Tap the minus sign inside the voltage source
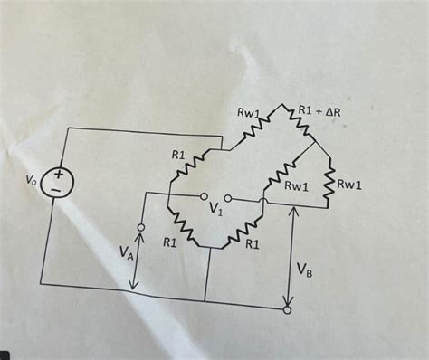pos(57,191)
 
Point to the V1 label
pos(214,210)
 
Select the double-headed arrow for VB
pos(291,253)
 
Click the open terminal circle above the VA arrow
pos(141,224)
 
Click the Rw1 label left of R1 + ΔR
pos(249,114)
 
